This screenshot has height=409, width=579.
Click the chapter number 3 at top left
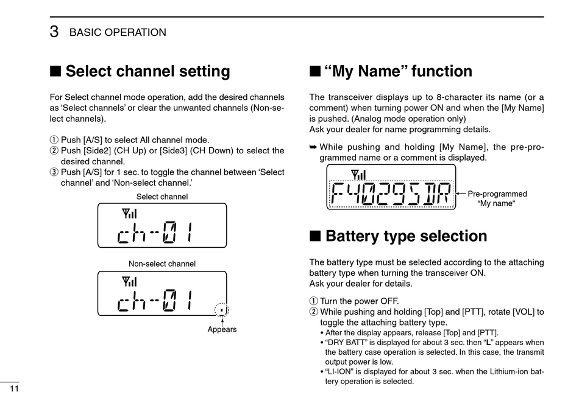point(54,32)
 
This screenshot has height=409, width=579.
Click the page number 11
point(14,389)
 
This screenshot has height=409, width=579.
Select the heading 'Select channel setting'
point(147,71)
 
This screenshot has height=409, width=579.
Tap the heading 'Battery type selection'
point(407,236)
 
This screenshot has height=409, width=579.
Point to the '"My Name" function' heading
point(399,71)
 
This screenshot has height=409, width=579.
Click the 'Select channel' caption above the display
point(162,197)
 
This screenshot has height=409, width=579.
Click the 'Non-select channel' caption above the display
point(162,264)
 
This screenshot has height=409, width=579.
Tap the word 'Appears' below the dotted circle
point(222,330)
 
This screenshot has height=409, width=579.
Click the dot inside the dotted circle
point(222,310)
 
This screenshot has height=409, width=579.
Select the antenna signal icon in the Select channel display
point(129,214)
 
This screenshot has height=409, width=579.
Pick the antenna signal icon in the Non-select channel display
point(129,281)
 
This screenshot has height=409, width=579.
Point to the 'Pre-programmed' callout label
point(497,194)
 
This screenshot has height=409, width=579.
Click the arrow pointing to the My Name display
point(461,194)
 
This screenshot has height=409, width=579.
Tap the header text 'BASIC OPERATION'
point(118,33)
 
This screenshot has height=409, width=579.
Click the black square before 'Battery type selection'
point(315,236)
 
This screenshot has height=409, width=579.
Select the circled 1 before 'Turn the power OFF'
point(313,301)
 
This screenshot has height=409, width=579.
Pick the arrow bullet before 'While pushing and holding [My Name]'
point(313,147)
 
